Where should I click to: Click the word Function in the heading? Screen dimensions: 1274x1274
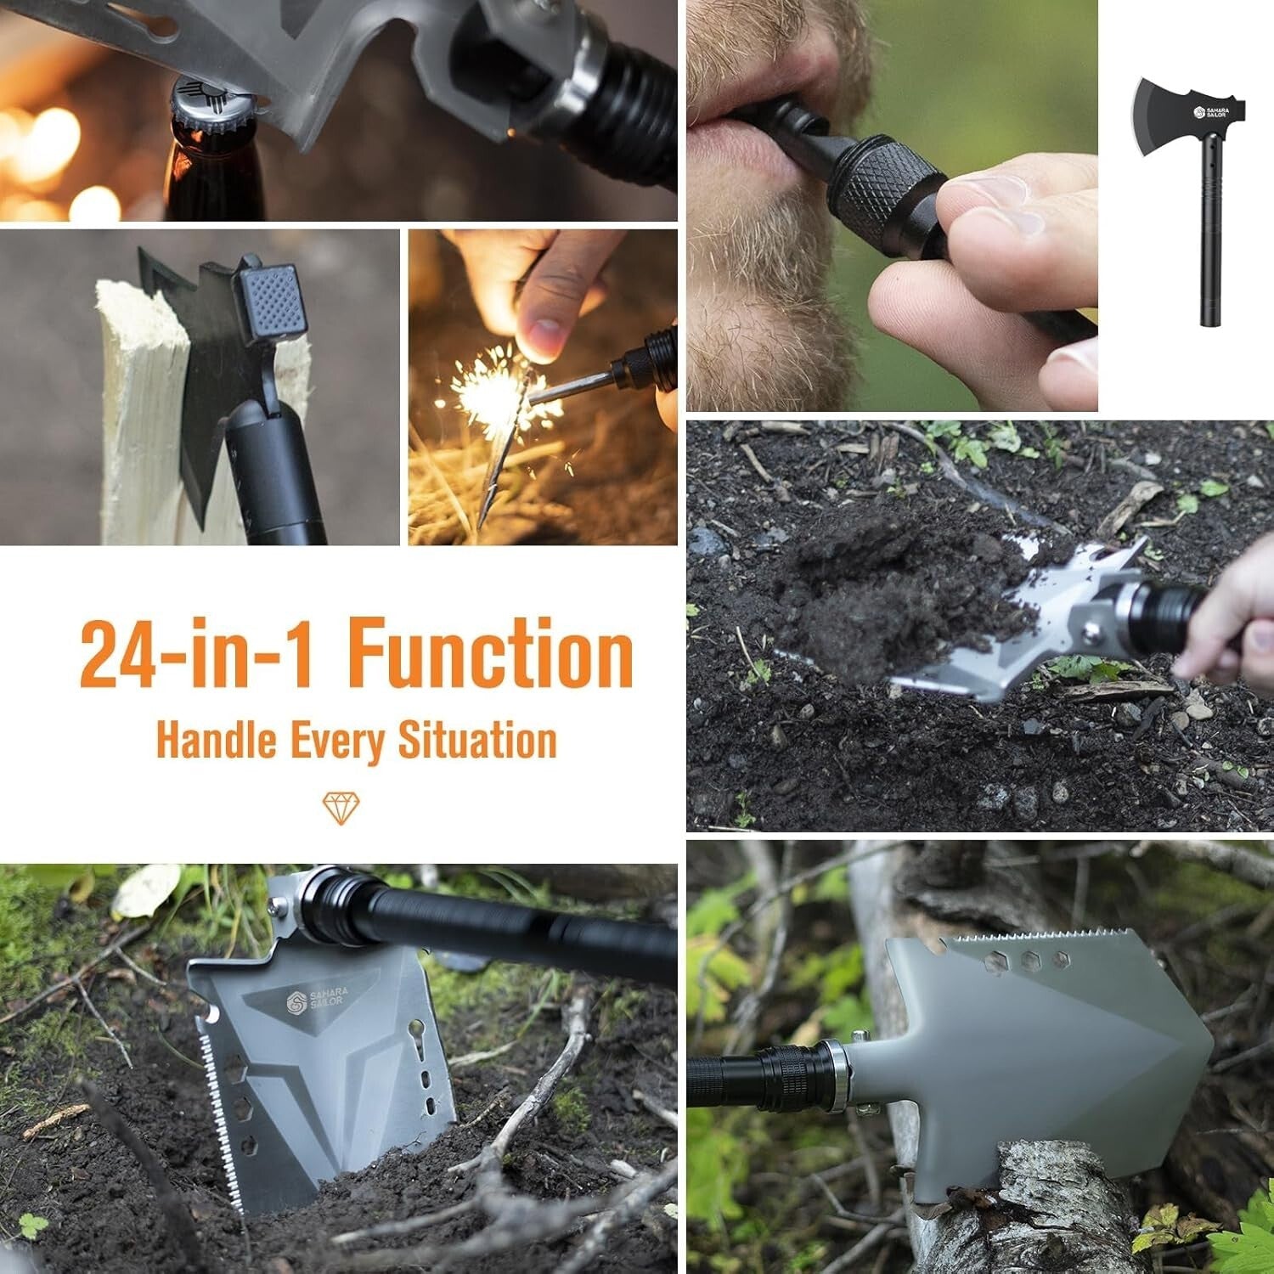tap(490, 655)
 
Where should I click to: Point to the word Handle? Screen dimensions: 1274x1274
tap(217, 740)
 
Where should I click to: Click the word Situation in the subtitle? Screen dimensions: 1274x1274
tap(477, 740)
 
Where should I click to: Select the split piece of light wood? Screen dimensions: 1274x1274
tap(140, 416)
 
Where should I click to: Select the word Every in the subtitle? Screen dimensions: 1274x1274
tap(337, 741)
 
